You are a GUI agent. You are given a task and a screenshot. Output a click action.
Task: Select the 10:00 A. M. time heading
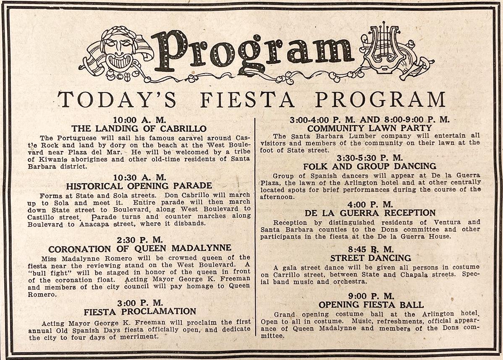pos(139,120)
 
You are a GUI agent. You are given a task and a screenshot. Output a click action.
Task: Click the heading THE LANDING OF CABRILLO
pos(139,129)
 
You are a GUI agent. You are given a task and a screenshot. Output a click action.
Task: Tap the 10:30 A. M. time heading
pos(139,177)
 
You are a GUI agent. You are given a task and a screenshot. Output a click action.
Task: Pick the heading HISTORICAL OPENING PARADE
pos(139,186)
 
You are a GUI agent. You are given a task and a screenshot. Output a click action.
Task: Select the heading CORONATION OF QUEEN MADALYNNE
pos(139,248)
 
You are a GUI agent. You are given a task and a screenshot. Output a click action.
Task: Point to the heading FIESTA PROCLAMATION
pos(140,312)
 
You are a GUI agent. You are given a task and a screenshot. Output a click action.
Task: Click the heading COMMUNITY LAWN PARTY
pos(369,128)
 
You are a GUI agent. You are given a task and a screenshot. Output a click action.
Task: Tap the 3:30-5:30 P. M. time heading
pos(369,158)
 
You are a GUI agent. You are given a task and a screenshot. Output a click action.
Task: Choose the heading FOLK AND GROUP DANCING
pos(369,166)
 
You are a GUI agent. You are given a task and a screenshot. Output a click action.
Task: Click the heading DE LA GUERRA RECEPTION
pos(369,213)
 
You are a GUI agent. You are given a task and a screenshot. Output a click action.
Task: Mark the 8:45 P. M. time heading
pos(370,249)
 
